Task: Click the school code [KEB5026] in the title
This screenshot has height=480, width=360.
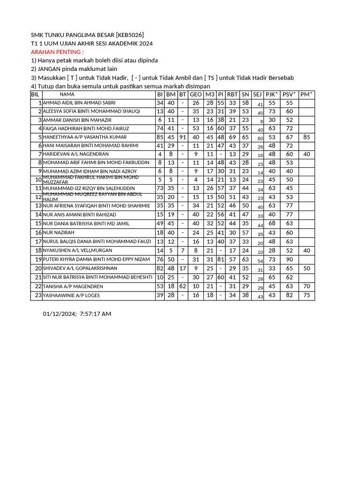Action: click(126, 35)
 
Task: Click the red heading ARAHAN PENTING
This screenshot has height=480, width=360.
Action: click(57, 52)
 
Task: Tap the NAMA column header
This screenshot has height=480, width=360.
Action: click(67, 95)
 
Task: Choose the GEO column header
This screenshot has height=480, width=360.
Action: click(195, 95)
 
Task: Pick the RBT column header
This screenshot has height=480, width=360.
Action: click(232, 95)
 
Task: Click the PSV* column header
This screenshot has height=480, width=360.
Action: click(289, 95)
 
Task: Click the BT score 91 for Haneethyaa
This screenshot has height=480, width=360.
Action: click(183, 137)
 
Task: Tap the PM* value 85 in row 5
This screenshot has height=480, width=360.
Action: click(307, 137)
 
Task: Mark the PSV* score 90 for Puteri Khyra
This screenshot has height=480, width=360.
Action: click(289, 259)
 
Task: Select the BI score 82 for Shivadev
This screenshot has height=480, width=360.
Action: click(160, 268)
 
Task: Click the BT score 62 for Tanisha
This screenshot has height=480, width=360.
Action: click(183, 286)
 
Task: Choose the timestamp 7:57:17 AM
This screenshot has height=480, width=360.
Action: click(96, 314)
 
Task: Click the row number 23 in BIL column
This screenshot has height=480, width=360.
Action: click(38, 296)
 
